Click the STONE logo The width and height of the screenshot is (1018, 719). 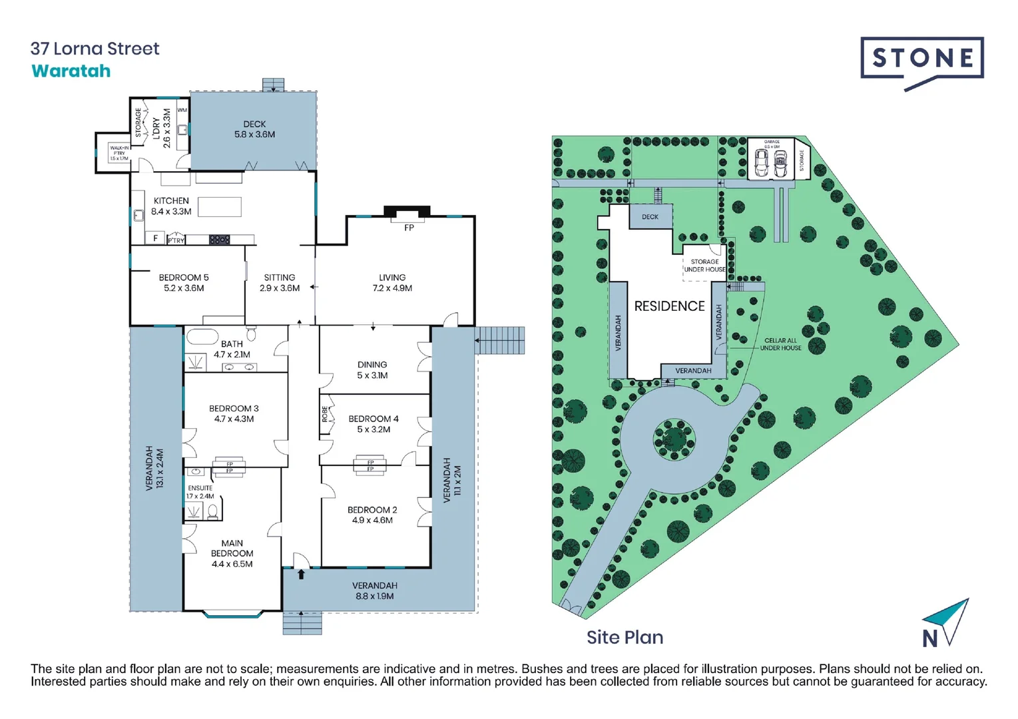pos(921,59)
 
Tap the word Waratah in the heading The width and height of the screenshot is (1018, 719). pos(71,71)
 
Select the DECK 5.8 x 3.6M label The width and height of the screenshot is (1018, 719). pos(254,129)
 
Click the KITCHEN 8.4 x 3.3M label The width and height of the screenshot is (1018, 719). pos(171,206)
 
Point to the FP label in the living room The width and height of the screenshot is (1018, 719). pos(409,228)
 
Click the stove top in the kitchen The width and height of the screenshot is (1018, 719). pos(219,240)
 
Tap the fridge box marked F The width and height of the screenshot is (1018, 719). pos(155,238)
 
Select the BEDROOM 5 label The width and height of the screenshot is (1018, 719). pos(184,282)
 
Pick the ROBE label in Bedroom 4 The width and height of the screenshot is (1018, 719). pos(325,414)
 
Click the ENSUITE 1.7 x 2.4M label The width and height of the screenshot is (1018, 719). pos(200,492)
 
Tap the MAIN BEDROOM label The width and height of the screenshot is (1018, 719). pos(232,553)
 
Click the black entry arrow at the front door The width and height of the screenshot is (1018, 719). pos(301,574)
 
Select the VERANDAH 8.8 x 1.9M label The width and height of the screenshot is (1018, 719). pos(374,591)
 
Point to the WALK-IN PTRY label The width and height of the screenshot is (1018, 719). pos(119,153)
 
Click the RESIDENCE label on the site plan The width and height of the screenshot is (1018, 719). pos(669,306)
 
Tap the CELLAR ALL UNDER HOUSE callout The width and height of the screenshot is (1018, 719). pos(780,344)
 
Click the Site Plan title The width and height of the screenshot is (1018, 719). pos(625,637)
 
